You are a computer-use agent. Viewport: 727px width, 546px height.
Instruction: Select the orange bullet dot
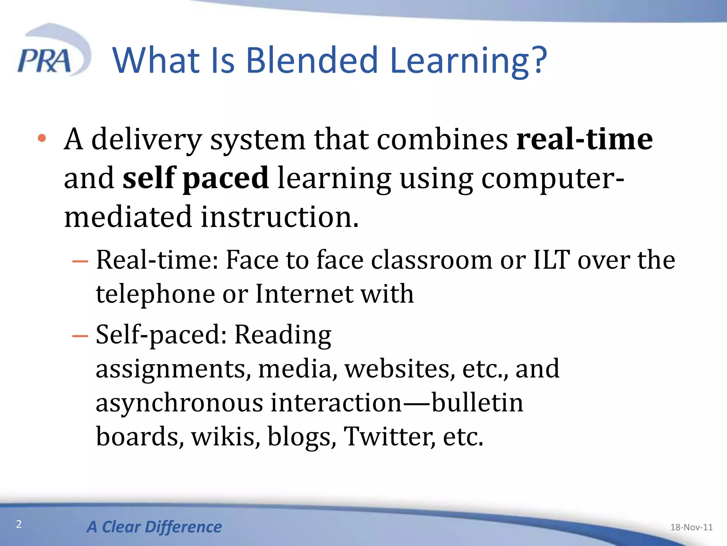42,138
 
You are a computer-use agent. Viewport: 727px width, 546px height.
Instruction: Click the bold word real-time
584,139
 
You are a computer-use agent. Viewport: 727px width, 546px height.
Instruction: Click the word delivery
147,140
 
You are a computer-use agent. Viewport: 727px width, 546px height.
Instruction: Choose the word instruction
280,216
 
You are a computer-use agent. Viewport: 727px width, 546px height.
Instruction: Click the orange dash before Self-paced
80,336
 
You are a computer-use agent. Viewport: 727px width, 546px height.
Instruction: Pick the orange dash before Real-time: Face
80,261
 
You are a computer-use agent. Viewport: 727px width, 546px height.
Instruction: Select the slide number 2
19,524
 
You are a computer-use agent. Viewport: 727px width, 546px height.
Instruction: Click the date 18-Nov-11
691,527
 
